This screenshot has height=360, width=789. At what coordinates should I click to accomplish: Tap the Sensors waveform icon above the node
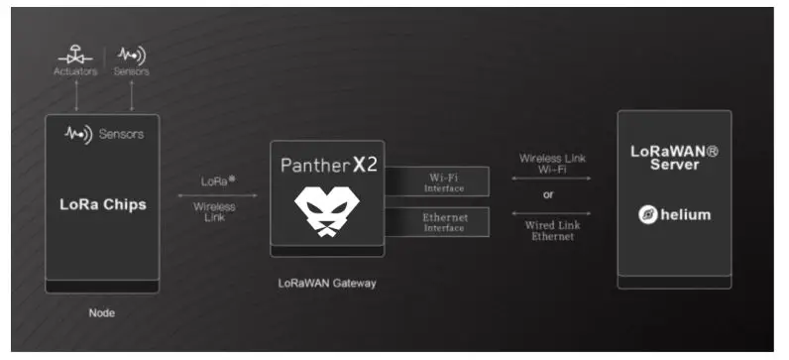click(x=132, y=55)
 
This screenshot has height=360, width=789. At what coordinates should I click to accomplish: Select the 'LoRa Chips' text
click(x=103, y=205)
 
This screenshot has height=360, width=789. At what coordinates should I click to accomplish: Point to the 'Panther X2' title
click(x=329, y=164)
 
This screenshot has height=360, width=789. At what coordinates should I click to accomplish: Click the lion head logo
click(x=328, y=213)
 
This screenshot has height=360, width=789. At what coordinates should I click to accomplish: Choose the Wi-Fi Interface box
click(x=443, y=181)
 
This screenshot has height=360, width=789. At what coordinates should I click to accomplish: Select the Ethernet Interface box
click(x=443, y=222)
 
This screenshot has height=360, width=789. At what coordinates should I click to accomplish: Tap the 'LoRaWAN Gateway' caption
click(x=327, y=284)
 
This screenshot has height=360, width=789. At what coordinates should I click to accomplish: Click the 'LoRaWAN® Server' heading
click(x=674, y=158)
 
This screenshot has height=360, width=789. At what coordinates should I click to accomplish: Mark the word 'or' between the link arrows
click(x=547, y=193)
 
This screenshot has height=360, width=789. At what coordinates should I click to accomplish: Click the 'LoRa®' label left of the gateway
click(x=215, y=181)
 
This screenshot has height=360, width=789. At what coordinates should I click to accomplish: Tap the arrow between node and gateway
click(x=215, y=194)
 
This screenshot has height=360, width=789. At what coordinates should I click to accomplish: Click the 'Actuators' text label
click(x=75, y=71)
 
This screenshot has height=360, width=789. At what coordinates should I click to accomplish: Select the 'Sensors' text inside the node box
click(x=121, y=134)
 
